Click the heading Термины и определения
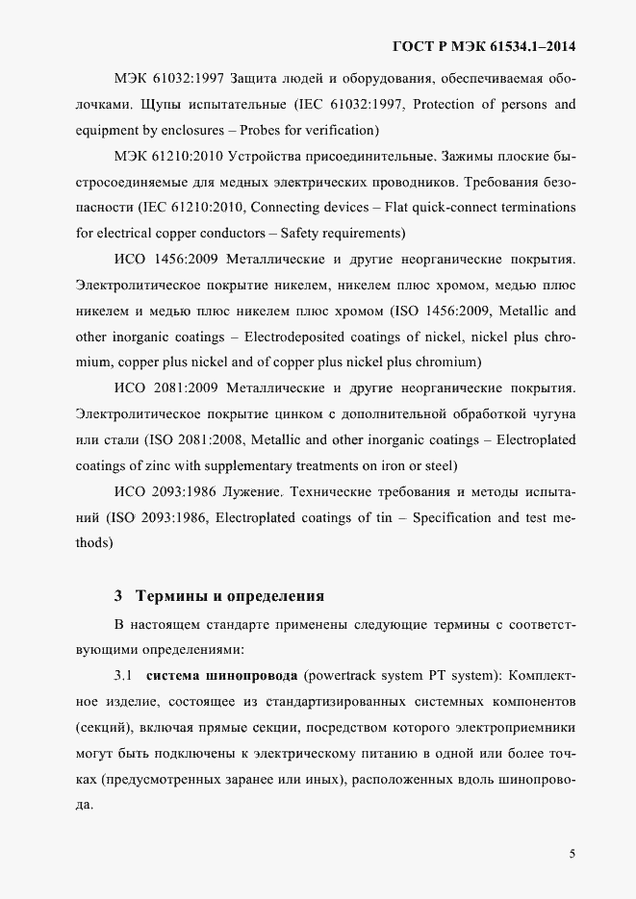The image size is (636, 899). (231, 595)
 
